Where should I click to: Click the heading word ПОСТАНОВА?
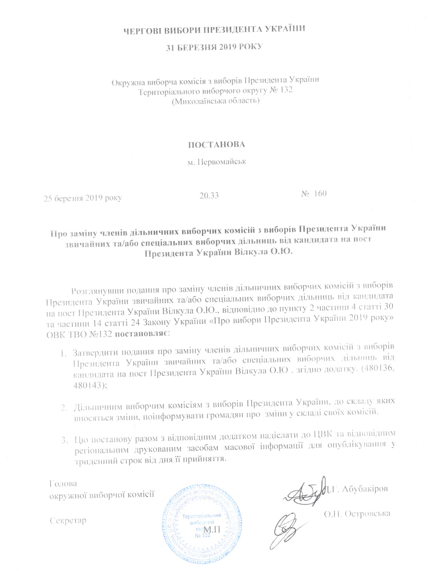click(x=216, y=144)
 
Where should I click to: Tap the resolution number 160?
click(x=320, y=193)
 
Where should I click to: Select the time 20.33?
click(x=209, y=195)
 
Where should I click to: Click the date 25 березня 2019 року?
click(x=82, y=198)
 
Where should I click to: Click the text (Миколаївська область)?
click(x=216, y=101)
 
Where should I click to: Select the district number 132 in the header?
click(x=286, y=91)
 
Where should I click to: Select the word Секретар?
click(x=68, y=520)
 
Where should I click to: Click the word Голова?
click(x=63, y=483)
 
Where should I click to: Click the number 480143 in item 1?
click(x=88, y=385)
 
